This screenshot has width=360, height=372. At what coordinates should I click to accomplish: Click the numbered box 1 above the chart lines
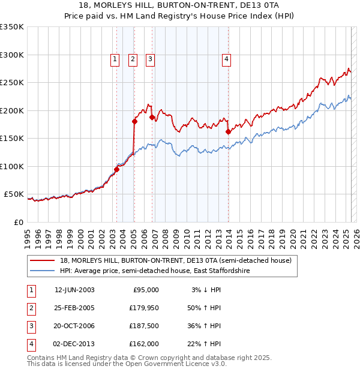[115, 59]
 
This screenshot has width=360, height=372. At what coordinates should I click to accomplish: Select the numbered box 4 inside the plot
[226, 59]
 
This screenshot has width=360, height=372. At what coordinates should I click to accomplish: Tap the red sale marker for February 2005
[134, 121]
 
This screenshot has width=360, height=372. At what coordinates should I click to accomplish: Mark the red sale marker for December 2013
[228, 131]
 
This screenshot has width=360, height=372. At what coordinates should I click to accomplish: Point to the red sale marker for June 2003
[116, 169]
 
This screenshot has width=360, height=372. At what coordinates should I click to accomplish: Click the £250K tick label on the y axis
[12, 83]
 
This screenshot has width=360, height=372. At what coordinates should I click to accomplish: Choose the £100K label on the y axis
[12, 166]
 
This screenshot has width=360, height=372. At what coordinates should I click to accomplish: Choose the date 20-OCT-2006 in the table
[74, 326]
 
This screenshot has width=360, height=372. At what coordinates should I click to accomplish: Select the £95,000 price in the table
[146, 290]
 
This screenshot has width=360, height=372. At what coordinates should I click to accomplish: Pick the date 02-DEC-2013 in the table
[74, 344]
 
